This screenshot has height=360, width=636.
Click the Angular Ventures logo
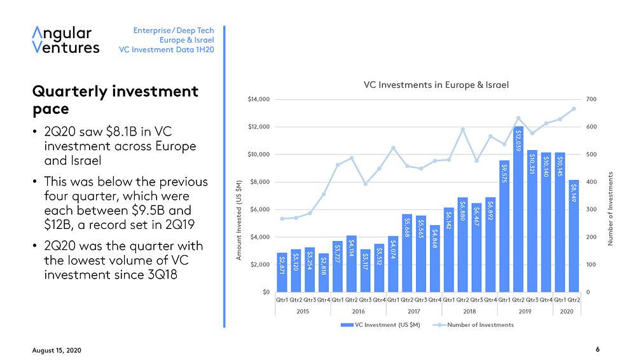[66, 40]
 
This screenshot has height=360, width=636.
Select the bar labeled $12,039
[518, 209]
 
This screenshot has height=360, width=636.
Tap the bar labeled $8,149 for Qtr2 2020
[574, 236]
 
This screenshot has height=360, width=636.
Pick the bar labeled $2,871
[282, 272]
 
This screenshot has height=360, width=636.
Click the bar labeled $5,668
[407, 253]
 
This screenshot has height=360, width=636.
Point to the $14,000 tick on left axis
[258, 99]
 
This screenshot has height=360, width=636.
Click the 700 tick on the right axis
[591, 99]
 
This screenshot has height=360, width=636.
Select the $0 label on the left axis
[266, 292]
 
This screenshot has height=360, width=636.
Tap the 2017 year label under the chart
[414, 311]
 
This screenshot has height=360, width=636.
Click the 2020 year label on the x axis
[567, 311]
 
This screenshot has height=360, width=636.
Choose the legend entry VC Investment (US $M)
[380, 324]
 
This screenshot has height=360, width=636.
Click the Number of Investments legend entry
[473, 324]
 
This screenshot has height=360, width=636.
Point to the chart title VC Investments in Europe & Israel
[436, 85]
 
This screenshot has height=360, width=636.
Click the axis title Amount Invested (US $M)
[238, 220]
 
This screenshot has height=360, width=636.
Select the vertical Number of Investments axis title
[610, 209]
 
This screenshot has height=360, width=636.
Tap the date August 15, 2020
[57, 350]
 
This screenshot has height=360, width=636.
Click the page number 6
[597, 349]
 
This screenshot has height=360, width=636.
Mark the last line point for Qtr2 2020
[574, 109]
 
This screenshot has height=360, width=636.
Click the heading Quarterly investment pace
[115, 100]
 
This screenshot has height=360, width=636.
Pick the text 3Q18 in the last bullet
[162, 275]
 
